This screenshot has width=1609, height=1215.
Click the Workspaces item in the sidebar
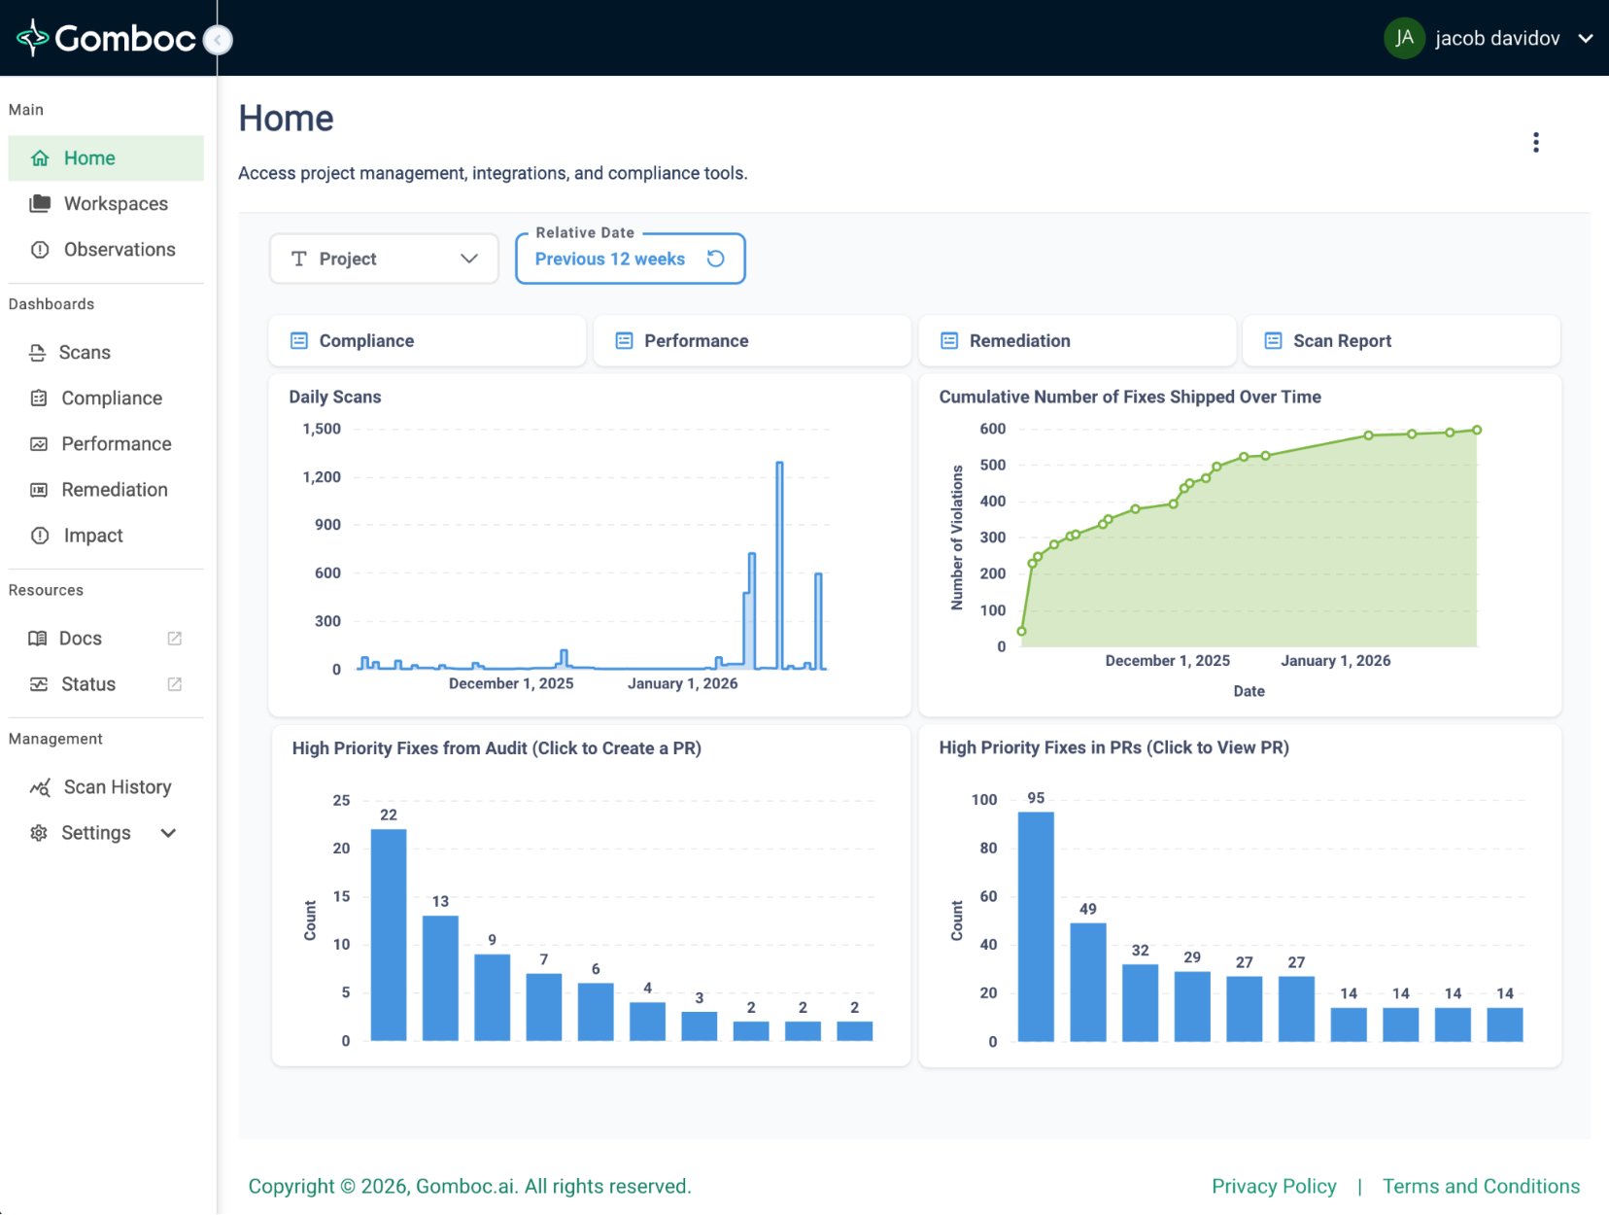pyautogui.click(x=116, y=204)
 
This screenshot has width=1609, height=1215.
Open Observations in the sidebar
pyautogui.click(x=120, y=250)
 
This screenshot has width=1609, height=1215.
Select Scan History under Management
pyautogui.click(x=117, y=787)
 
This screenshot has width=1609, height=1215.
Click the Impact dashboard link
pyautogui.click(x=93, y=536)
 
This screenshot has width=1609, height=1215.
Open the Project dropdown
pyautogui.click(x=384, y=259)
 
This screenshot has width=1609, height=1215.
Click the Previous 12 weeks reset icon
pyautogui.click(x=716, y=259)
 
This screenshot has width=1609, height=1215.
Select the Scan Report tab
pyautogui.click(x=1342, y=341)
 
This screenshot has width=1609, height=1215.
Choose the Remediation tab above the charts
pyautogui.click(x=1019, y=341)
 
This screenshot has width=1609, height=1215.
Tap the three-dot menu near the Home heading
pyautogui.click(x=1535, y=143)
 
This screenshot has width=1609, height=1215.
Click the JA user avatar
pyautogui.click(x=1403, y=38)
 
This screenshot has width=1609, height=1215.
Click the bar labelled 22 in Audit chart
pyautogui.click(x=389, y=933)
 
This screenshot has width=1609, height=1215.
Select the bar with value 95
pyautogui.click(x=1036, y=925)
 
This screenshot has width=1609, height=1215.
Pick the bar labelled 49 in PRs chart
pyautogui.click(x=1088, y=982)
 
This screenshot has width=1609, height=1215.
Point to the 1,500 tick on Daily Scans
pyautogui.click(x=322, y=429)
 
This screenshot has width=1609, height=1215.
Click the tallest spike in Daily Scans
pyautogui.click(x=779, y=564)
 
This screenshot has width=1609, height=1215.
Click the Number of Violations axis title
pyautogui.click(x=957, y=538)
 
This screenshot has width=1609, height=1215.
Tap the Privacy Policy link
pyautogui.click(x=1274, y=1187)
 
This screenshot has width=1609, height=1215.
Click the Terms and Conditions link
pyautogui.click(x=1481, y=1187)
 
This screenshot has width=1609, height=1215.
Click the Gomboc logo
pyautogui.click(x=107, y=38)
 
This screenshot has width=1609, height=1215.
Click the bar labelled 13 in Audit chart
pyautogui.click(x=440, y=977)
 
